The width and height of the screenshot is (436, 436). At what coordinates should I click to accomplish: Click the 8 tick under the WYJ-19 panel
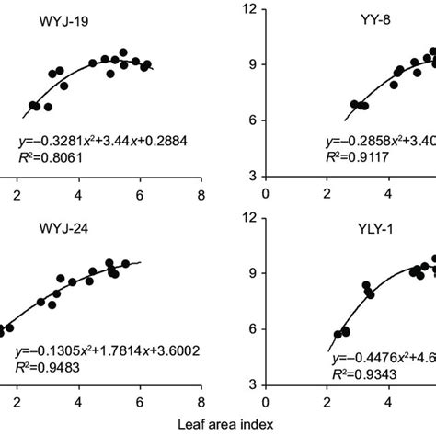click(201, 194)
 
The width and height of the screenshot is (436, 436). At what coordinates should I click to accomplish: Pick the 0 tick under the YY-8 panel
click(266, 194)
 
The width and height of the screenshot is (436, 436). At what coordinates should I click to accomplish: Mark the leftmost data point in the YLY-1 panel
click(338, 336)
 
